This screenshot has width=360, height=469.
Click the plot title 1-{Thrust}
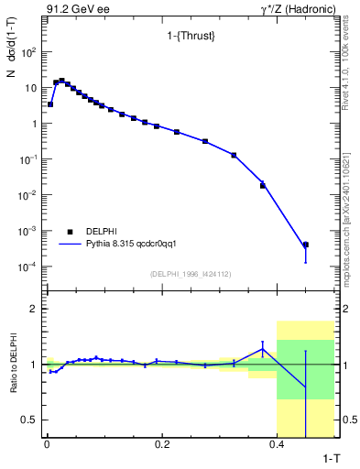click(180, 37)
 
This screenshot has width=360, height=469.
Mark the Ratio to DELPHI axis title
click(12, 365)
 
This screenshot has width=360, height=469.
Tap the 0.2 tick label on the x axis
click(162, 445)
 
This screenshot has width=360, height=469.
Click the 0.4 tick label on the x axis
click(278, 445)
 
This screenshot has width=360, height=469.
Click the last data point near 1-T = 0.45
click(306, 245)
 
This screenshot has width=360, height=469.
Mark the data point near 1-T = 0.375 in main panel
click(263, 185)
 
